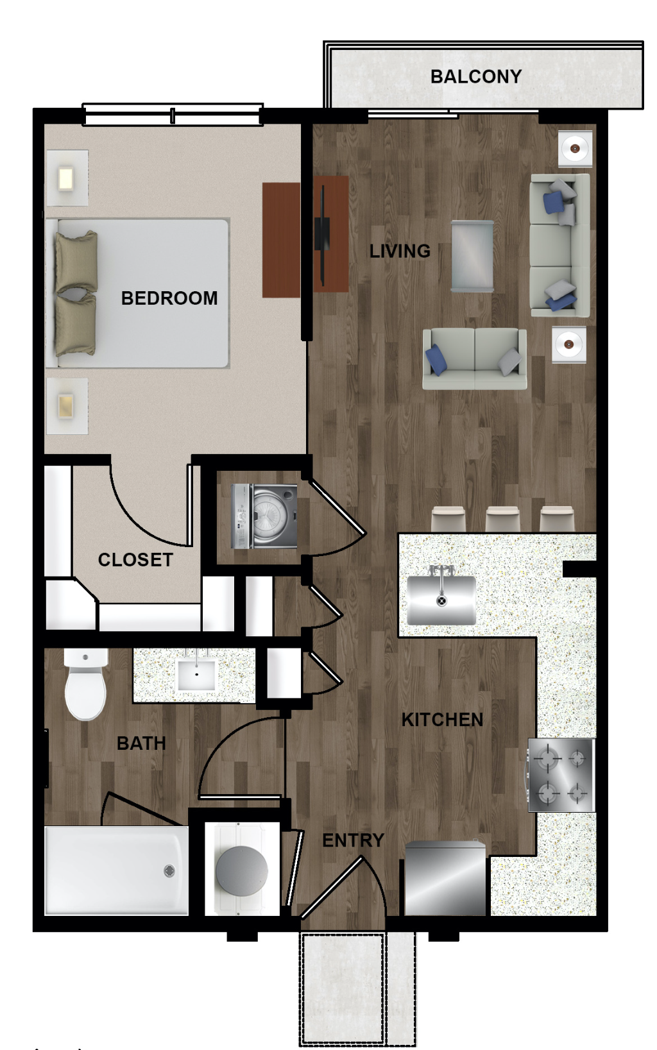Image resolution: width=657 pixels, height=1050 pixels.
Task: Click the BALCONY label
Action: tap(476, 76)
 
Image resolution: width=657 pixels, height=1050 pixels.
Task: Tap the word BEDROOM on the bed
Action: tap(169, 298)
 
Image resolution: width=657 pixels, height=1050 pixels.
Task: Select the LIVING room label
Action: tap(400, 251)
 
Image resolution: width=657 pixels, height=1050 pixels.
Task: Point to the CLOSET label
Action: tap(135, 560)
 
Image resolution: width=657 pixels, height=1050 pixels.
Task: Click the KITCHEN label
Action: tap(442, 720)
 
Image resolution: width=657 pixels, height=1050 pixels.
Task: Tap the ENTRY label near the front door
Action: tap(353, 840)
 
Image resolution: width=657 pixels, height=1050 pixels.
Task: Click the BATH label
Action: tap(141, 743)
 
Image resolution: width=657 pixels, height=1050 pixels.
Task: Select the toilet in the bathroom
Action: tap(85, 684)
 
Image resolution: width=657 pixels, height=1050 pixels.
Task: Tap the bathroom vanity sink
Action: tap(196, 675)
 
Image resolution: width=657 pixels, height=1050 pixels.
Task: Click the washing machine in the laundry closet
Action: tap(264, 516)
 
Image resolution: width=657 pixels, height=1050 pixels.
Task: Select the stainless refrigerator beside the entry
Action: tap(445, 879)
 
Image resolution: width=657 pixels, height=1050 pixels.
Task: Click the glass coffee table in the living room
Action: tap(472, 256)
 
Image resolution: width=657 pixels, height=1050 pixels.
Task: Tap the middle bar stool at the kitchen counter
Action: tap(502, 518)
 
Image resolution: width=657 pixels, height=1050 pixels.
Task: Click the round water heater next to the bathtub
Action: tap(242, 870)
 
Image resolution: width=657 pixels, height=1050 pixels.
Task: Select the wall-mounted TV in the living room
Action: tap(322, 234)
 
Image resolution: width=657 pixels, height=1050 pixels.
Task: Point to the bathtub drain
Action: tap(169, 870)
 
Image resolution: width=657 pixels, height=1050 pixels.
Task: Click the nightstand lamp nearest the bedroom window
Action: tap(65, 178)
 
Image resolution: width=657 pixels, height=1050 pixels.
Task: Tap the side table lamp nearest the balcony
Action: tap(574, 149)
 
